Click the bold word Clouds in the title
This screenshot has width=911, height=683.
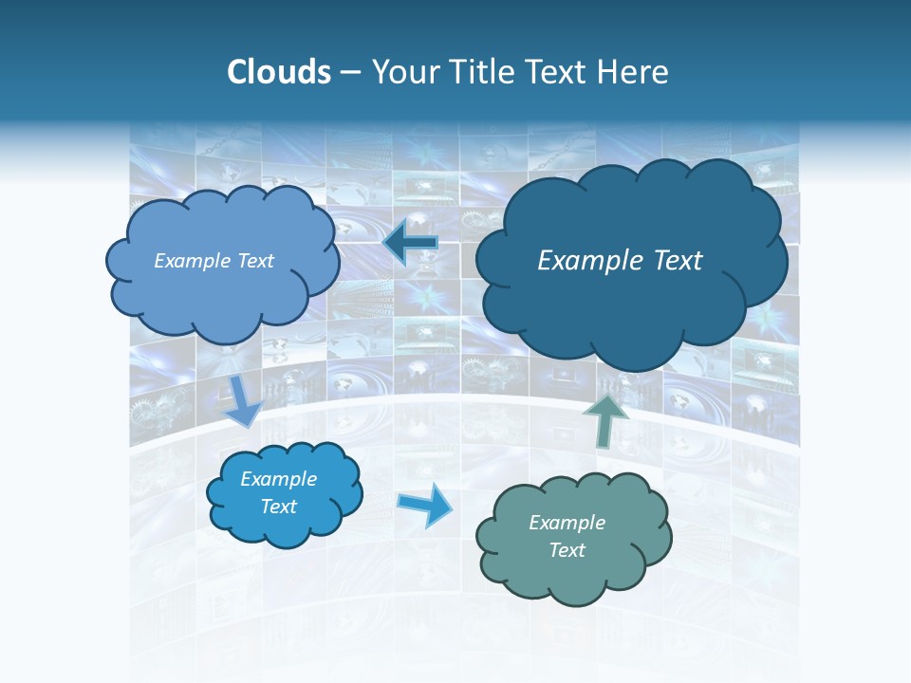279,72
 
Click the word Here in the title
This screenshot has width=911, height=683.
637,72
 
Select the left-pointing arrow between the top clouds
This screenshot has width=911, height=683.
410,243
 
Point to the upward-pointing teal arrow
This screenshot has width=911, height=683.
605,419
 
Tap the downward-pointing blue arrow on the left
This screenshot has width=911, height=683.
244,398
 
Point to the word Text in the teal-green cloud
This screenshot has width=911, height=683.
567,550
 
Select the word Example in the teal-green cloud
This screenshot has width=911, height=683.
567,523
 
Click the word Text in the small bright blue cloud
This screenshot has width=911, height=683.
279,507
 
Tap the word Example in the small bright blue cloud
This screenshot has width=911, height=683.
279,479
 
